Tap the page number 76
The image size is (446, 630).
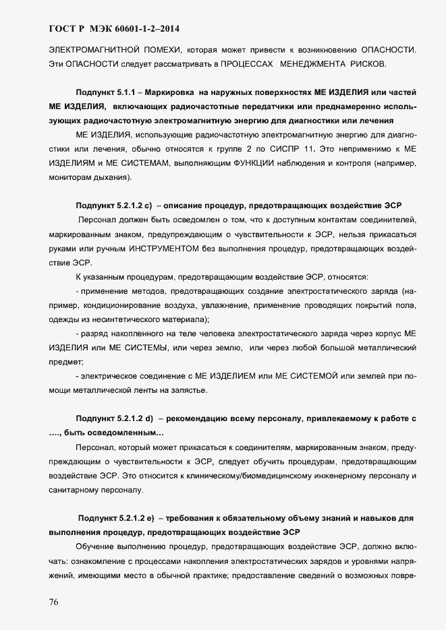click(54, 602)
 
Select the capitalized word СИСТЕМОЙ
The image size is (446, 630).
click(310, 376)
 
